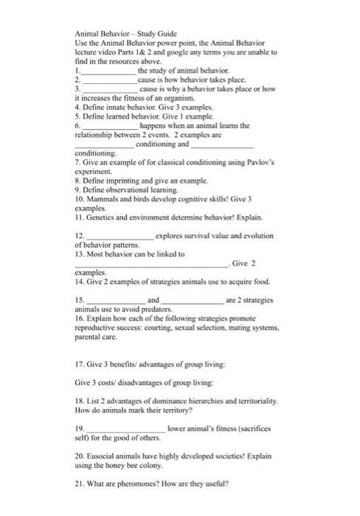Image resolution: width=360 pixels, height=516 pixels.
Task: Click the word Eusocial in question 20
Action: click(x=112, y=456)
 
